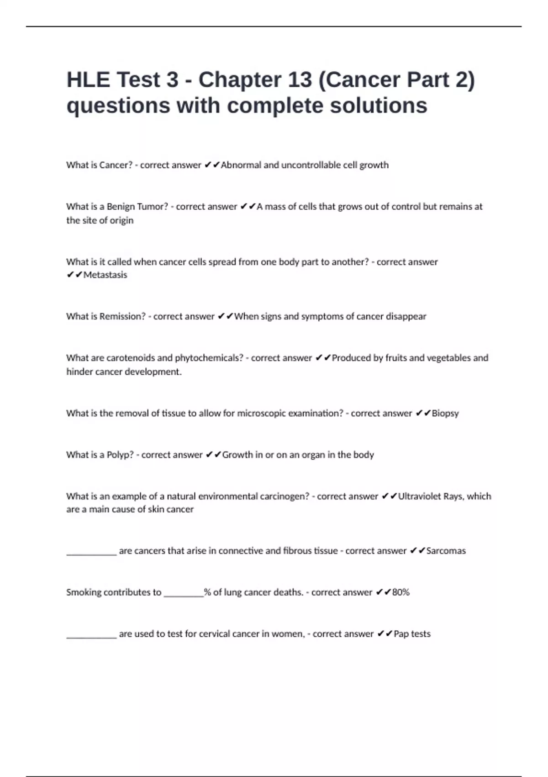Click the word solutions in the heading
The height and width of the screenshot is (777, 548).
[379, 106]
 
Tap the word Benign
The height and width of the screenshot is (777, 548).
[121, 207]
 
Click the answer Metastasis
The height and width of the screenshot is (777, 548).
[105, 275]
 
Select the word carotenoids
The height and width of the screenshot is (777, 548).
[130, 358]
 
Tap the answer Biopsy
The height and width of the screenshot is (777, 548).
[445, 413]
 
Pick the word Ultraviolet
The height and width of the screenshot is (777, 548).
[419, 496]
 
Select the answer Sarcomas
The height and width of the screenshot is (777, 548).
[446, 551]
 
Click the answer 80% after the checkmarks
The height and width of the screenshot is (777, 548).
[401, 592]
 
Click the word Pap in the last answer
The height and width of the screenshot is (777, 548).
[401, 634]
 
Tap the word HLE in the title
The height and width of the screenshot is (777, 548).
[88, 80]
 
